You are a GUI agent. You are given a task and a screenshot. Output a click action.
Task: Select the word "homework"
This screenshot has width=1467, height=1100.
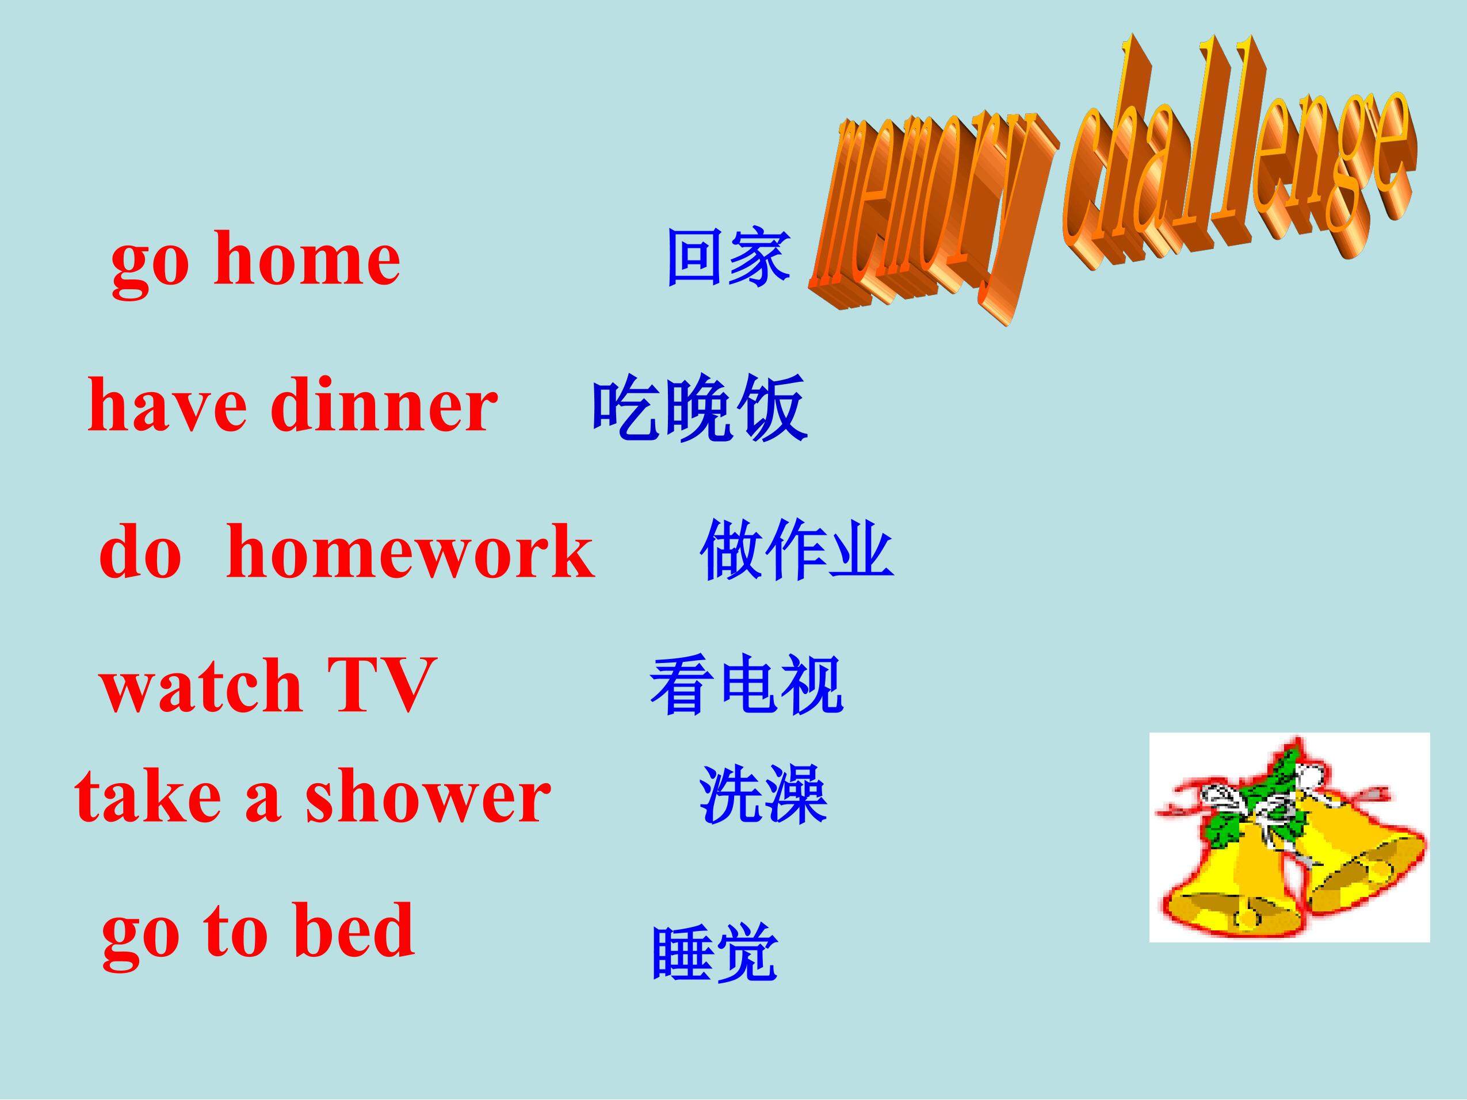(411, 551)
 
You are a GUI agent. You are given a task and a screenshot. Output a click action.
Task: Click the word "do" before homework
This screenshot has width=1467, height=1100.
(140, 551)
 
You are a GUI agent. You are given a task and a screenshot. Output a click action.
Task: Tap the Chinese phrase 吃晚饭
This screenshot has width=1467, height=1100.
(700, 407)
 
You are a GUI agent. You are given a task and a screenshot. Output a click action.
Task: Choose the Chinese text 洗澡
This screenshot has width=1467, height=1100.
(763, 794)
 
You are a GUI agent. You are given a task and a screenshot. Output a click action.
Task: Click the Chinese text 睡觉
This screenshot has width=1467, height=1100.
(715, 952)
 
